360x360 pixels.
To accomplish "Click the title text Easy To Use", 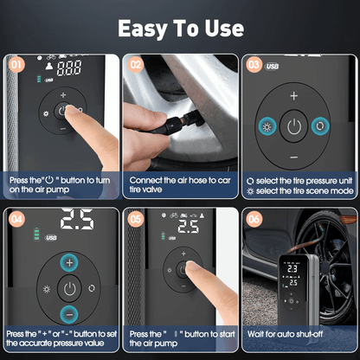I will point(180,27).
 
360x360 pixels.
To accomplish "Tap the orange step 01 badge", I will point(16,63).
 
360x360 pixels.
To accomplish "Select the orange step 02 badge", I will point(135,63).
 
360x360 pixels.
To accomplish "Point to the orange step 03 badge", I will point(253,63).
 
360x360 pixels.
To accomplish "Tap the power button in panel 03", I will point(295,127).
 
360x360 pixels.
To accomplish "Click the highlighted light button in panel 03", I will point(262,127).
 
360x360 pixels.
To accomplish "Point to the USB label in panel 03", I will point(273,66).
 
